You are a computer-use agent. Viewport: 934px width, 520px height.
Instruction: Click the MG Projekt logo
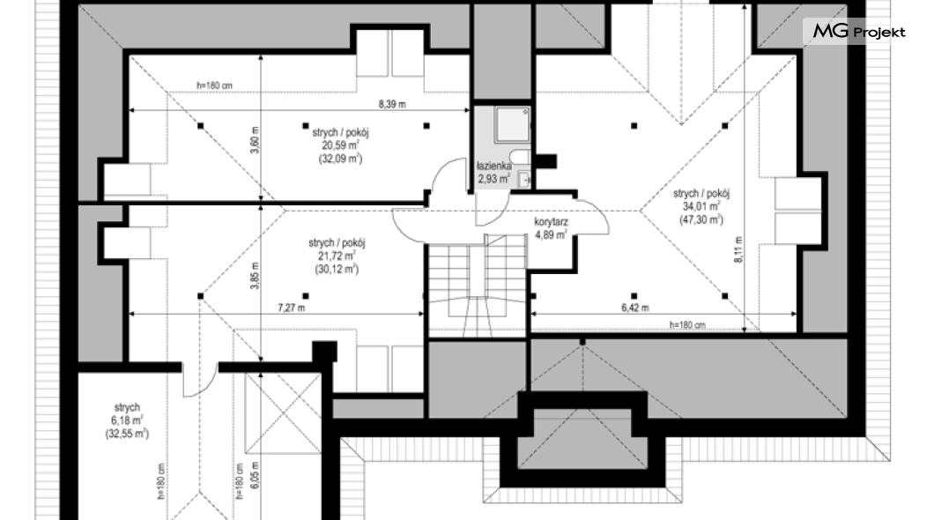(859, 31)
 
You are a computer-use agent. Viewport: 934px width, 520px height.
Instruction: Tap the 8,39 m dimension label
(392, 104)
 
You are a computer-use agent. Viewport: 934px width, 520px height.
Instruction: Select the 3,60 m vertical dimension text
(255, 140)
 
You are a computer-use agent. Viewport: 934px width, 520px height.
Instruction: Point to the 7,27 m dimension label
(292, 308)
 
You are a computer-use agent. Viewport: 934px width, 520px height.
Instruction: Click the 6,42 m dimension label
(635, 308)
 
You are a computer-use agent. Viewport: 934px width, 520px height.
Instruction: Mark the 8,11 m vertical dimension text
(738, 249)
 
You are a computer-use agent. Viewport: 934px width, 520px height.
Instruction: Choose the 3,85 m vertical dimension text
(255, 276)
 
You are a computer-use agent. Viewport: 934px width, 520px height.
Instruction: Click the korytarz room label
(551, 222)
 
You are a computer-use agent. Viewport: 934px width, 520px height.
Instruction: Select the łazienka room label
(493, 167)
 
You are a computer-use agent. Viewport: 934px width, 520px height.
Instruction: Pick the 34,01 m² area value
(701, 207)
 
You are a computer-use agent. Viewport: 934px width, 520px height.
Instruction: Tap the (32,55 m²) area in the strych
(127, 434)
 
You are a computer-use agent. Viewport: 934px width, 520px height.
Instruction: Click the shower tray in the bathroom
(513, 124)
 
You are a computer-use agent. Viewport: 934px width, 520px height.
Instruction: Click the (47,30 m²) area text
(701, 219)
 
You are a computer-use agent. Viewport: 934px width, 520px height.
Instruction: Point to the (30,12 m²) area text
(337, 269)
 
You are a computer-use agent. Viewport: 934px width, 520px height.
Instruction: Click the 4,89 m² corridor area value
(551, 235)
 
